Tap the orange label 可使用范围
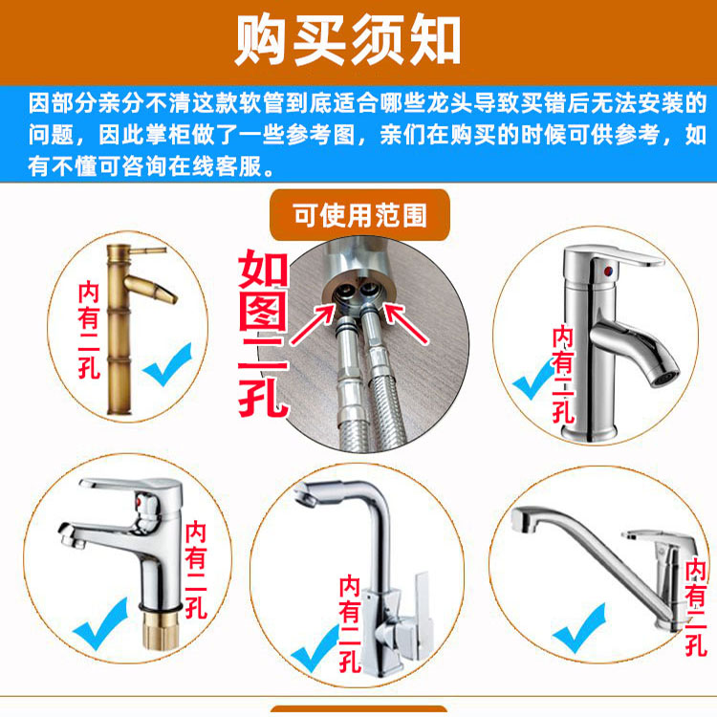[x=359, y=215]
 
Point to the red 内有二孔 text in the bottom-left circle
[x=196, y=570]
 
